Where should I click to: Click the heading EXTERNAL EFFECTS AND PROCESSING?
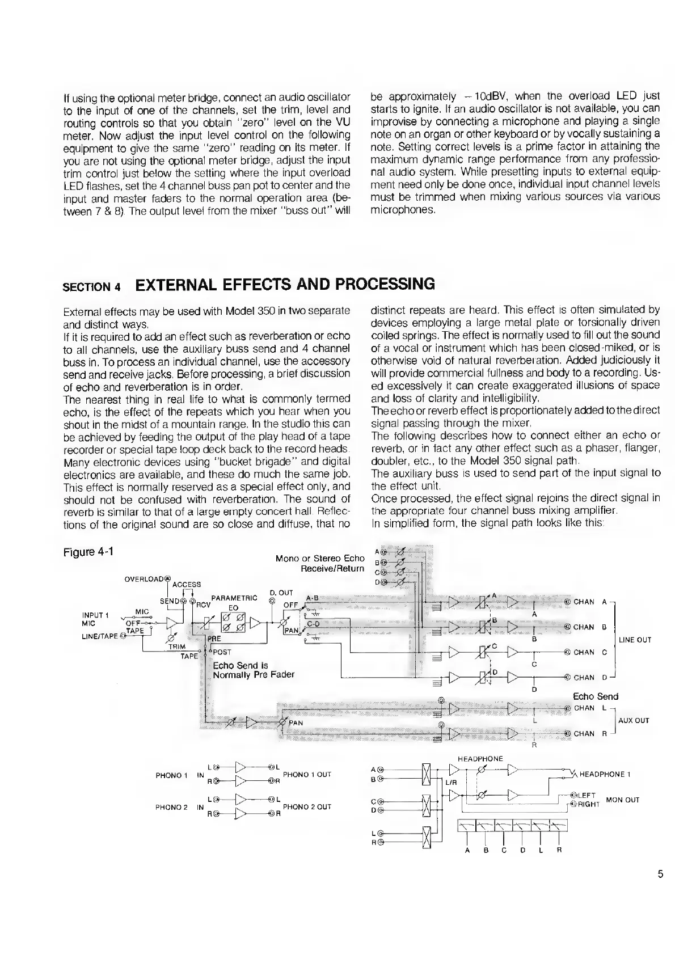(x=285, y=284)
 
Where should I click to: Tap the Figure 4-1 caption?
(x=88, y=551)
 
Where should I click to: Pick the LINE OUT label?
(x=635, y=640)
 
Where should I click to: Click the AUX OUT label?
(x=633, y=720)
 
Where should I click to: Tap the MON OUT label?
(x=623, y=800)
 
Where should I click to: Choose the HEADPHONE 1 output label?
(x=605, y=774)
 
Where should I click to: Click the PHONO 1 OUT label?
(x=307, y=774)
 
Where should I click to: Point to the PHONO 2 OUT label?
(x=307, y=806)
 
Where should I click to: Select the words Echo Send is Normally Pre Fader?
(x=253, y=670)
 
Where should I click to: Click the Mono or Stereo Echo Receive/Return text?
(x=320, y=563)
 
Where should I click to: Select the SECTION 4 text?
(x=91, y=286)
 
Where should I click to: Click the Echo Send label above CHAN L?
(x=596, y=696)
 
